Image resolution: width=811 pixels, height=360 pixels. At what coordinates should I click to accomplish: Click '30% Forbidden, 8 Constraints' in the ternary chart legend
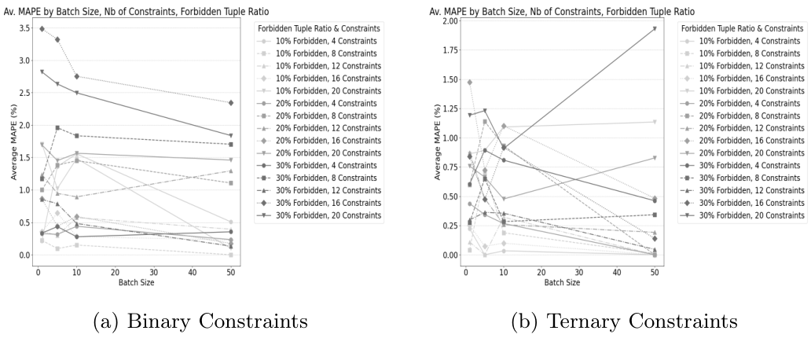[743, 179]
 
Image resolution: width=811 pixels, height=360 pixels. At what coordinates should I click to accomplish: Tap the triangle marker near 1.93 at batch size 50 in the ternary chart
[655, 29]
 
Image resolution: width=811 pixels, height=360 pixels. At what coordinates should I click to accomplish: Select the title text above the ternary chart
[563, 11]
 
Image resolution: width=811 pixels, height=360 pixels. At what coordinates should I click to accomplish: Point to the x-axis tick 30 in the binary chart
[153, 272]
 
